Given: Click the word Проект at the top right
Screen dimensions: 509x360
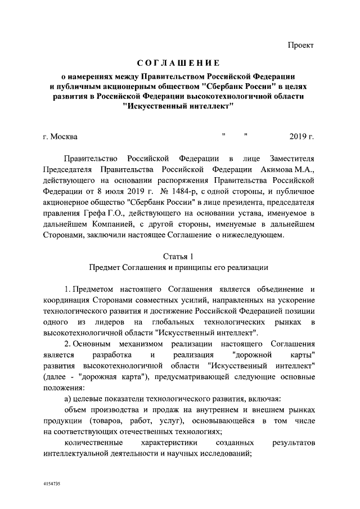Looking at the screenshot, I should [x=300, y=44].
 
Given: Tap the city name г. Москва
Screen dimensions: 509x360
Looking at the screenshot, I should [x=60, y=137].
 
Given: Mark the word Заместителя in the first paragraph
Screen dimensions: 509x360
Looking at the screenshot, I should [x=289, y=158].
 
